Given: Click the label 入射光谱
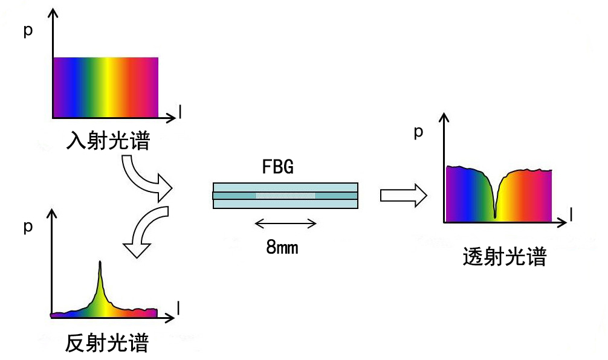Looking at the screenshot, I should tap(108, 143).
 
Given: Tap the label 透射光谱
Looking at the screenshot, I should tap(505, 258).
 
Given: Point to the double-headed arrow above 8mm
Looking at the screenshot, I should tap(285, 224).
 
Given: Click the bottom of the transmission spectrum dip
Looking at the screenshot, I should tap(495, 216).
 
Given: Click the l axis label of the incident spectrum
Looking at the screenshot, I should tap(180, 110).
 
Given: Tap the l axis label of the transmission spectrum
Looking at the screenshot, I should tap(571, 214).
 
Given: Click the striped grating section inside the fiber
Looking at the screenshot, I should tap(285, 195).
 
